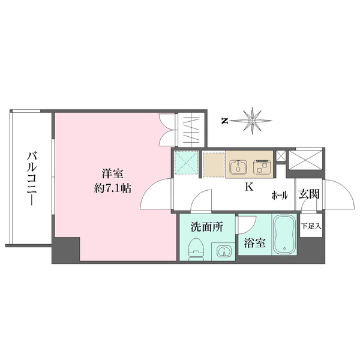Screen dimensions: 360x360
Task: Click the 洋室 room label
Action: (x=112, y=174)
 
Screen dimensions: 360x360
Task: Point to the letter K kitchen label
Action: (x=248, y=187)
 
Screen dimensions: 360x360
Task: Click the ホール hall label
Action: (x=280, y=195)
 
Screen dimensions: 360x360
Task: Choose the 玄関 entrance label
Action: (x=310, y=194)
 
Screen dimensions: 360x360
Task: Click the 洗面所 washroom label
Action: (x=207, y=227)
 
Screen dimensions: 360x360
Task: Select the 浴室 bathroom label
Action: (x=254, y=244)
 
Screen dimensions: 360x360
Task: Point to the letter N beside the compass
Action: (x=224, y=121)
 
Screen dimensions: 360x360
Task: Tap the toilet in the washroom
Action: (x=196, y=249)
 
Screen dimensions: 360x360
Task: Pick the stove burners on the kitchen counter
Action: (x=262, y=163)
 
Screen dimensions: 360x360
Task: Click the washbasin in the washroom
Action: (x=223, y=251)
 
